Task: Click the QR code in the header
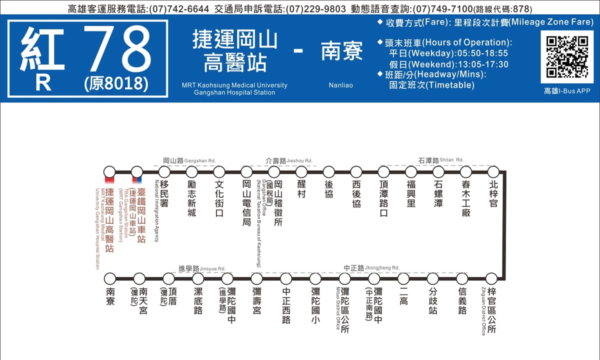click(x=566, y=56)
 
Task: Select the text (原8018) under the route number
click(x=116, y=83)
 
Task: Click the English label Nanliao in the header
click(x=340, y=85)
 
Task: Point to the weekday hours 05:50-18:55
click(x=476, y=53)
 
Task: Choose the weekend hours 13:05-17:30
click(x=476, y=64)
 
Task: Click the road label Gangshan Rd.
click(x=189, y=160)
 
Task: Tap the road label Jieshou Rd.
click(x=289, y=160)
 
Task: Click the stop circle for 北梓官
click(x=493, y=172)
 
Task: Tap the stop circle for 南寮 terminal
click(x=110, y=278)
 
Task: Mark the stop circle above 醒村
click(x=301, y=172)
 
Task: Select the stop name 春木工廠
click(x=466, y=198)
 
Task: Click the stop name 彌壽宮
click(x=256, y=297)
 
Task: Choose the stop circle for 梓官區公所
click(x=492, y=278)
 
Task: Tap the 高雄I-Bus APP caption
click(x=567, y=91)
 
